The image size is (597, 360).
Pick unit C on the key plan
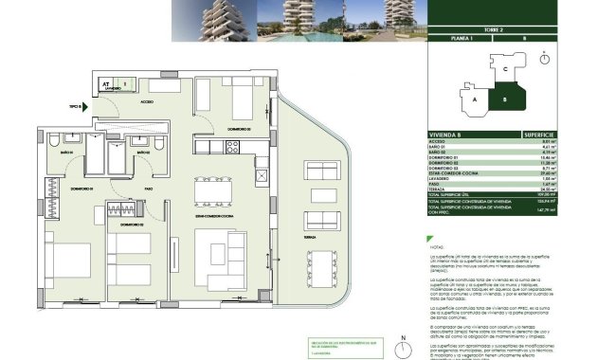click(506, 68)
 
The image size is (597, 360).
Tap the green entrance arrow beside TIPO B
click(86, 106)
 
